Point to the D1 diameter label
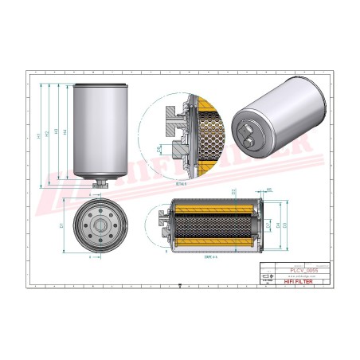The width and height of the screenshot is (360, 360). pos(62,227)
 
